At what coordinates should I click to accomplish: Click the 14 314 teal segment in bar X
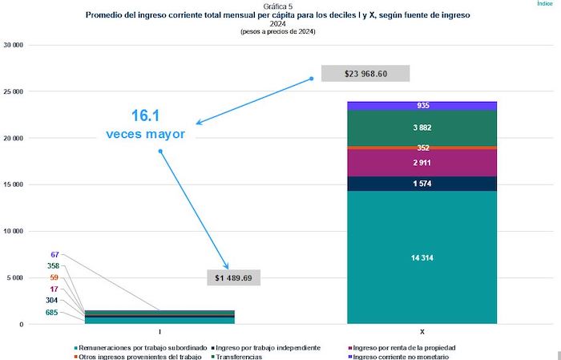tap(422, 257)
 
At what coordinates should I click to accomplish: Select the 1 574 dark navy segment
tap(422, 184)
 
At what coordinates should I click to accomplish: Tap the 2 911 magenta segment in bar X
tap(422, 163)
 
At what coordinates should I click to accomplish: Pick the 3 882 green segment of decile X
tap(422, 127)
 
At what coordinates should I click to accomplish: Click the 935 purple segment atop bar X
tap(422, 106)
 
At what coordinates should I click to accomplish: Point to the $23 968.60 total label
tap(365, 73)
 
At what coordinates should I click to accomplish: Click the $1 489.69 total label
tap(234, 277)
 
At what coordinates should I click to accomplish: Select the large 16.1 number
tap(146, 115)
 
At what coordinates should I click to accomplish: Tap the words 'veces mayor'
tap(146, 134)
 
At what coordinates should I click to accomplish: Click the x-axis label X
tap(422, 331)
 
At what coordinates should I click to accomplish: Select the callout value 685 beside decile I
tap(51, 313)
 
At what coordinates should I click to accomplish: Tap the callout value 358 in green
tap(53, 265)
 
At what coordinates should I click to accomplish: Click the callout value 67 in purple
tap(54, 254)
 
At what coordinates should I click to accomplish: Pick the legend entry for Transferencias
tap(240, 356)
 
